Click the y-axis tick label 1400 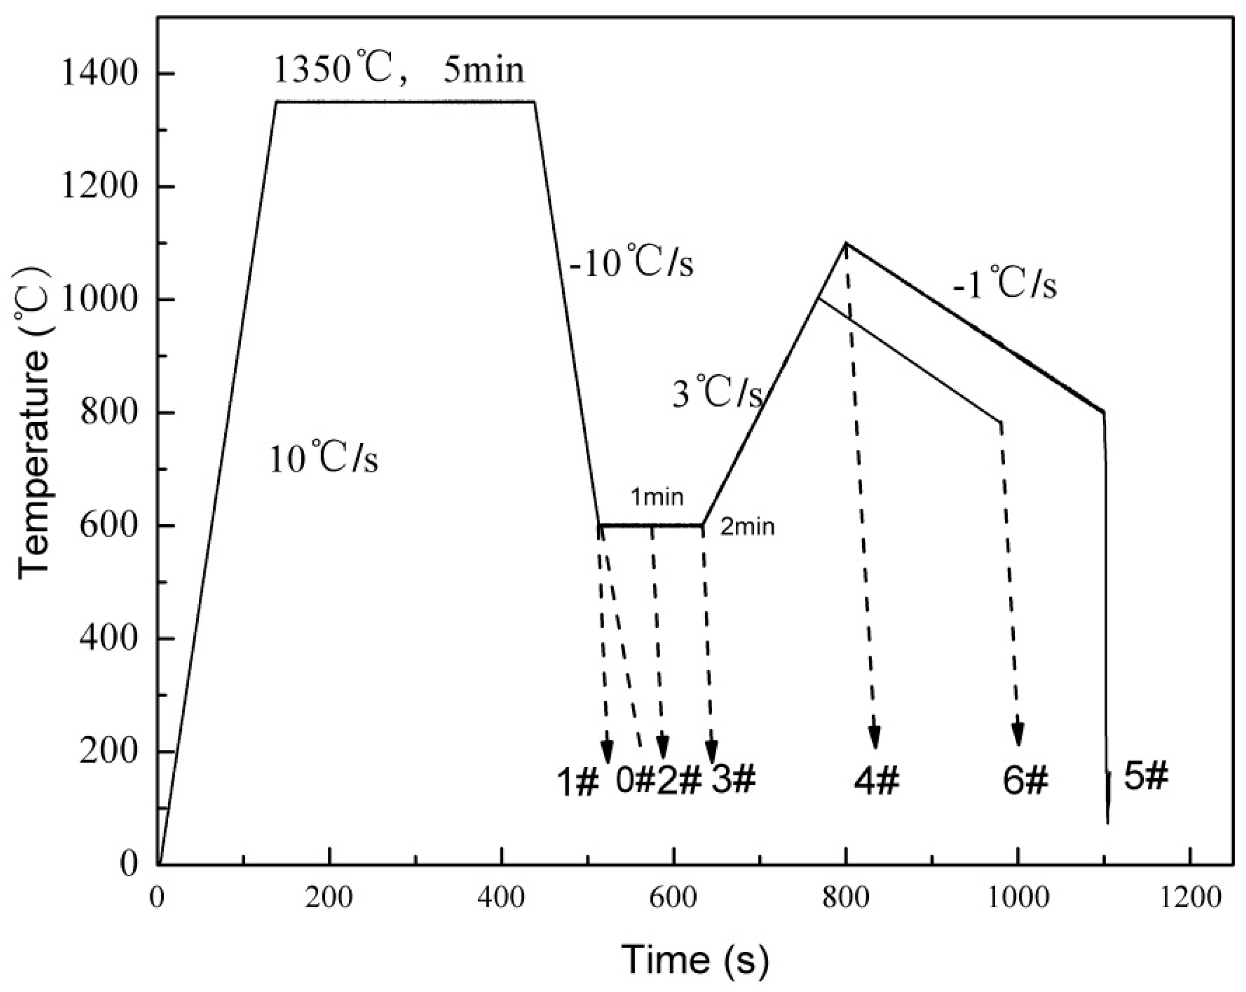[99, 75]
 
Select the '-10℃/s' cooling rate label [631, 264]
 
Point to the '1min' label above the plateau [657, 497]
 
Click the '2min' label [747, 527]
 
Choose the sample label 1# [578, 782]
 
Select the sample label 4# [876, 780]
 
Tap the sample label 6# [1025, 780]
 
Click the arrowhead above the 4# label [875, 738]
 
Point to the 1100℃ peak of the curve [846, 244]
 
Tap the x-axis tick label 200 [329, 898]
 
